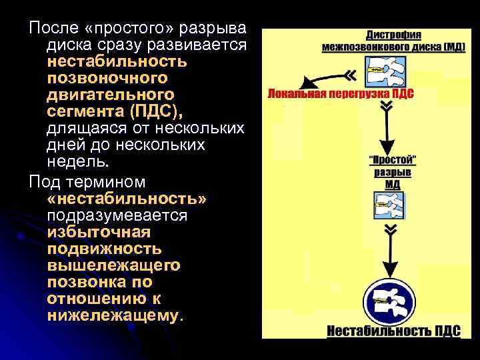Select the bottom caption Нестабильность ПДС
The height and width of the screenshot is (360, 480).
pos(393,330)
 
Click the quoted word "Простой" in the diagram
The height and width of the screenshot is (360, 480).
pos(393,159)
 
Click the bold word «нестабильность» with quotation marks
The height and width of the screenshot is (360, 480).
pos(127,199)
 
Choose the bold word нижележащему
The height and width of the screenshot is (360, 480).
pos(113,314)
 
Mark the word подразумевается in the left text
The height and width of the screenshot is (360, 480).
pos(117,216)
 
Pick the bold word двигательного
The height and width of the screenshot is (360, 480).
pos(111,93)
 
